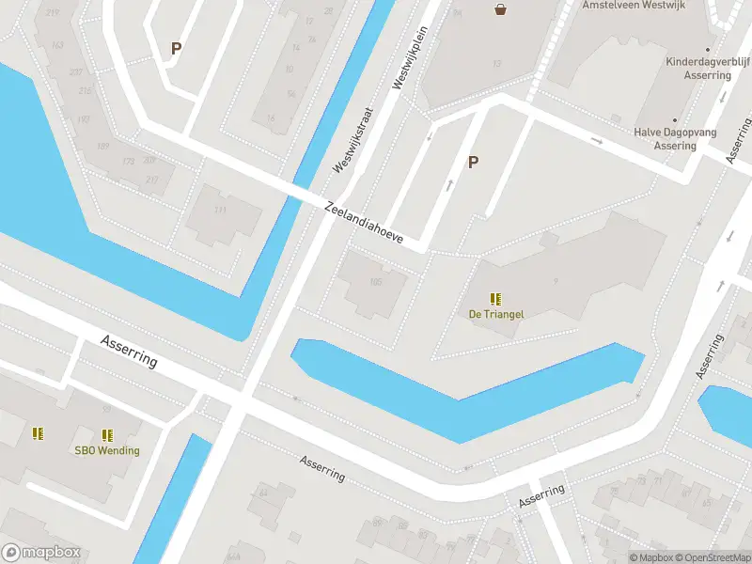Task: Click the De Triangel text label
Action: click(495, 314)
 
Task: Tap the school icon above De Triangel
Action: click(495, 299)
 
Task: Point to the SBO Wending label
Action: click(107, 450)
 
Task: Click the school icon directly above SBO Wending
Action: click(107, 434)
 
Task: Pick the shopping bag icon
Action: click(501, 9)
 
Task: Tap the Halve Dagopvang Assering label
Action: click(675, 139)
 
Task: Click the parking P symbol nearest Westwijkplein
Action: click(474, 162)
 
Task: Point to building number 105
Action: click(376, 282)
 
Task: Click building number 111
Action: click(221, 210)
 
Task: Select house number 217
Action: click(150, 179)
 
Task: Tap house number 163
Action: click(56, 44)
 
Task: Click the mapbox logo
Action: click(41, 553)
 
